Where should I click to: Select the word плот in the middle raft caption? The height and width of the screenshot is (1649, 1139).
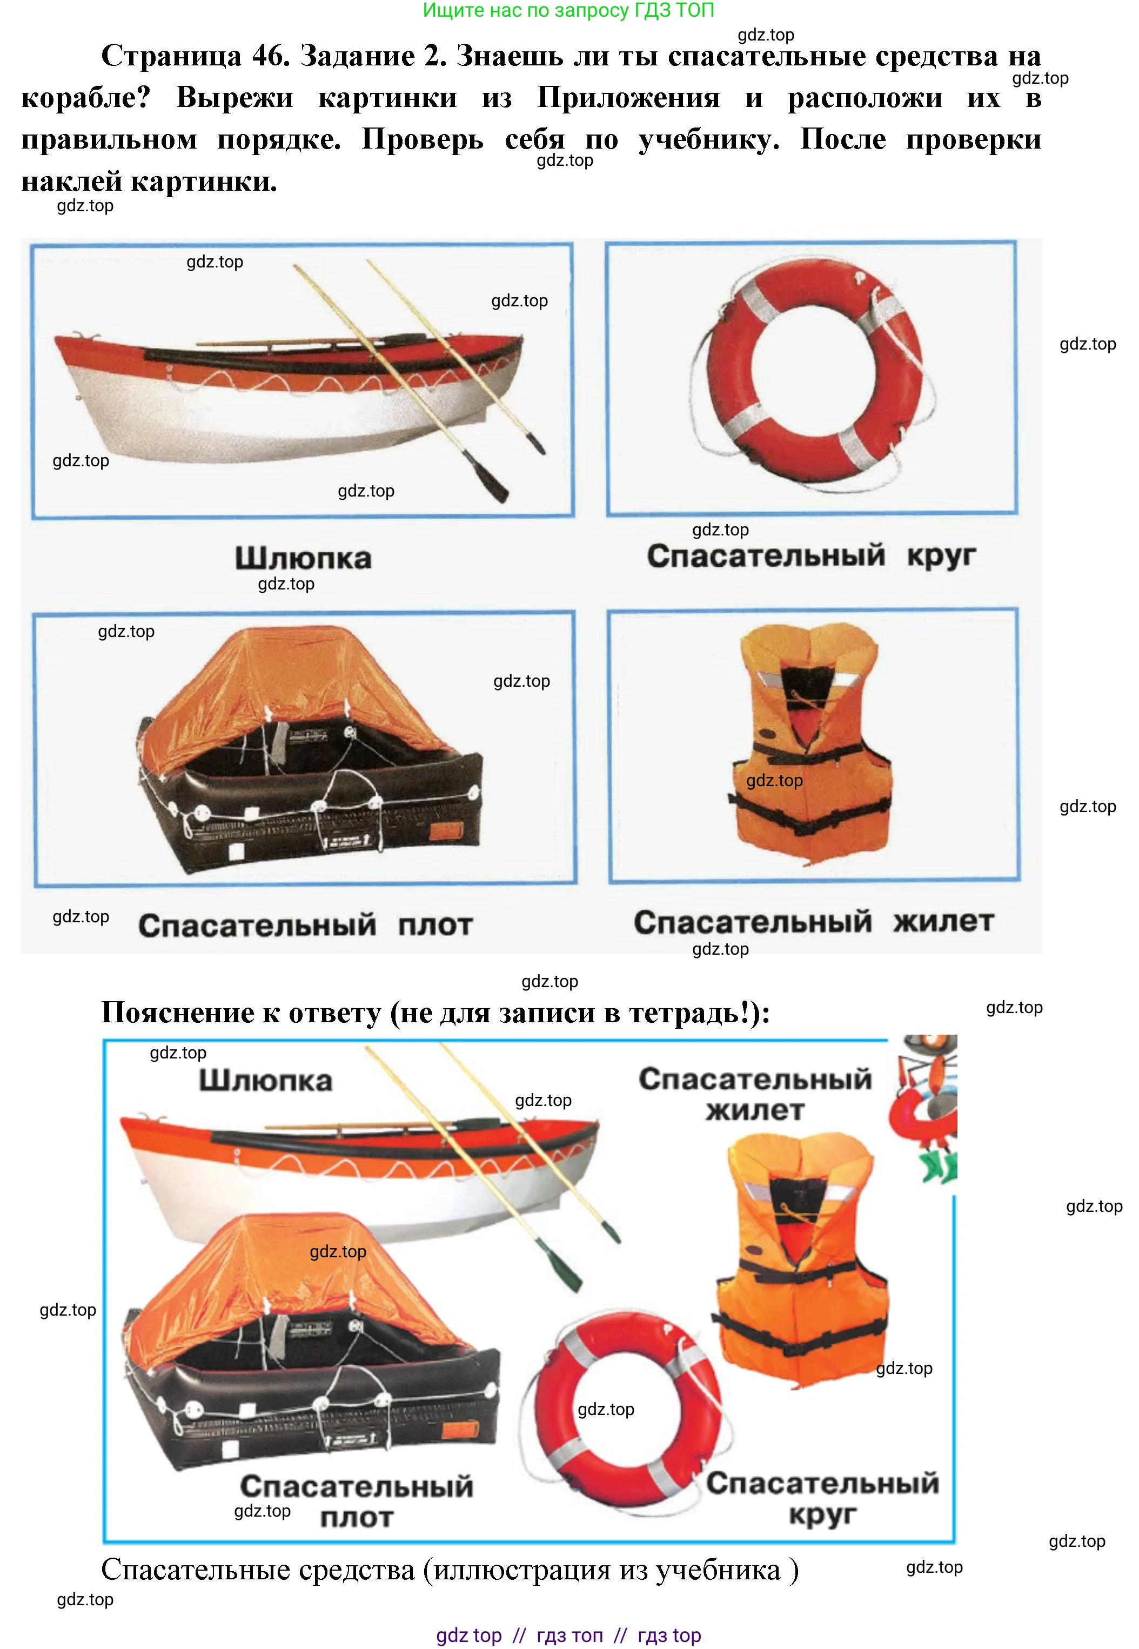435,926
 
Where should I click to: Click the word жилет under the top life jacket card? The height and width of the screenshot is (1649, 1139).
943,921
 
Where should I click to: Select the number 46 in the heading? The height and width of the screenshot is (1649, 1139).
271,56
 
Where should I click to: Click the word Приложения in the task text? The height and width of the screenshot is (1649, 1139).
628,98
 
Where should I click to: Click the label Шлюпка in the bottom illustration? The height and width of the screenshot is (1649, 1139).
265,1080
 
